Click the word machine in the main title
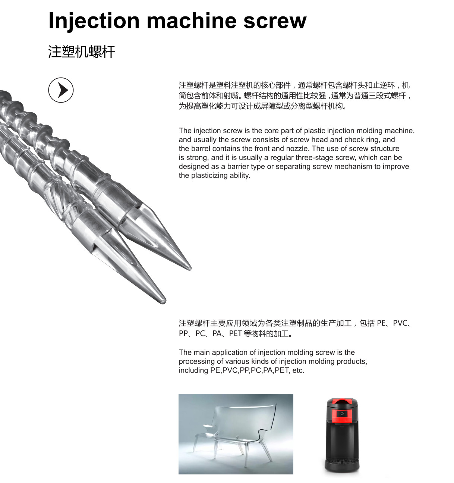(192, 21)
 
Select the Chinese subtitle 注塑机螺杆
(82, 51)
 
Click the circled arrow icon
(61, 90)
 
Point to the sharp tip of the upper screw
(189, 268)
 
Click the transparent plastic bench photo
(236, 434)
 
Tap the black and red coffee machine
(342, 435)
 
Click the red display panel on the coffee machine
(342, 414)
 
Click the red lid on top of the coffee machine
(342, 401)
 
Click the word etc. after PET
(298, 370)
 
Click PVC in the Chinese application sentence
(400, 323)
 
